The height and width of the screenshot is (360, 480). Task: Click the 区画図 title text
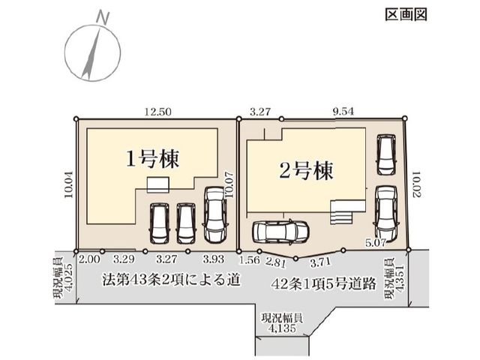[x=406, y=14]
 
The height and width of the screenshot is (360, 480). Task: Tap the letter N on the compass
[x=103, y=17]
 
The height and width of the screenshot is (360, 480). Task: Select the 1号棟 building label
[x=153, y=158]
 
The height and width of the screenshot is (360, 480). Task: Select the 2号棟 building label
[x=306, y=170]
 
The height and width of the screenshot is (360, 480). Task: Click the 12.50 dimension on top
[x=158, y=112]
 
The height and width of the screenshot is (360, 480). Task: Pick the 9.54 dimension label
[x=343, y=112]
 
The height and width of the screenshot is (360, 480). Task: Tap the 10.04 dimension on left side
[x=69, y=184]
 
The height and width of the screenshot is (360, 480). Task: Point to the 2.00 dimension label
[x=89, y=259]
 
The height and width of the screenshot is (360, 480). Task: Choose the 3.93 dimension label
[x=214, y=259]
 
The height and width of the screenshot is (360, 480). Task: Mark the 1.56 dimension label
[x=250, y=260]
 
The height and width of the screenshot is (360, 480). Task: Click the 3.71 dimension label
[x=320, y=262]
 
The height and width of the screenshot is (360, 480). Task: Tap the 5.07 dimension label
[x=376, y=244]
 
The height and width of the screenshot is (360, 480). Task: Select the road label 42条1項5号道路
[x=324, y=284]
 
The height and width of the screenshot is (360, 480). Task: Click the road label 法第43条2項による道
[x=171, y=280]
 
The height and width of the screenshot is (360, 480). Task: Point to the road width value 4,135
[x=282, y=328]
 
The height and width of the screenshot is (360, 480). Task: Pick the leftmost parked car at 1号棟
[x=160, y=223]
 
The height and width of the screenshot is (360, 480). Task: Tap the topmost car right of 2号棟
[x=386, y=155]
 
